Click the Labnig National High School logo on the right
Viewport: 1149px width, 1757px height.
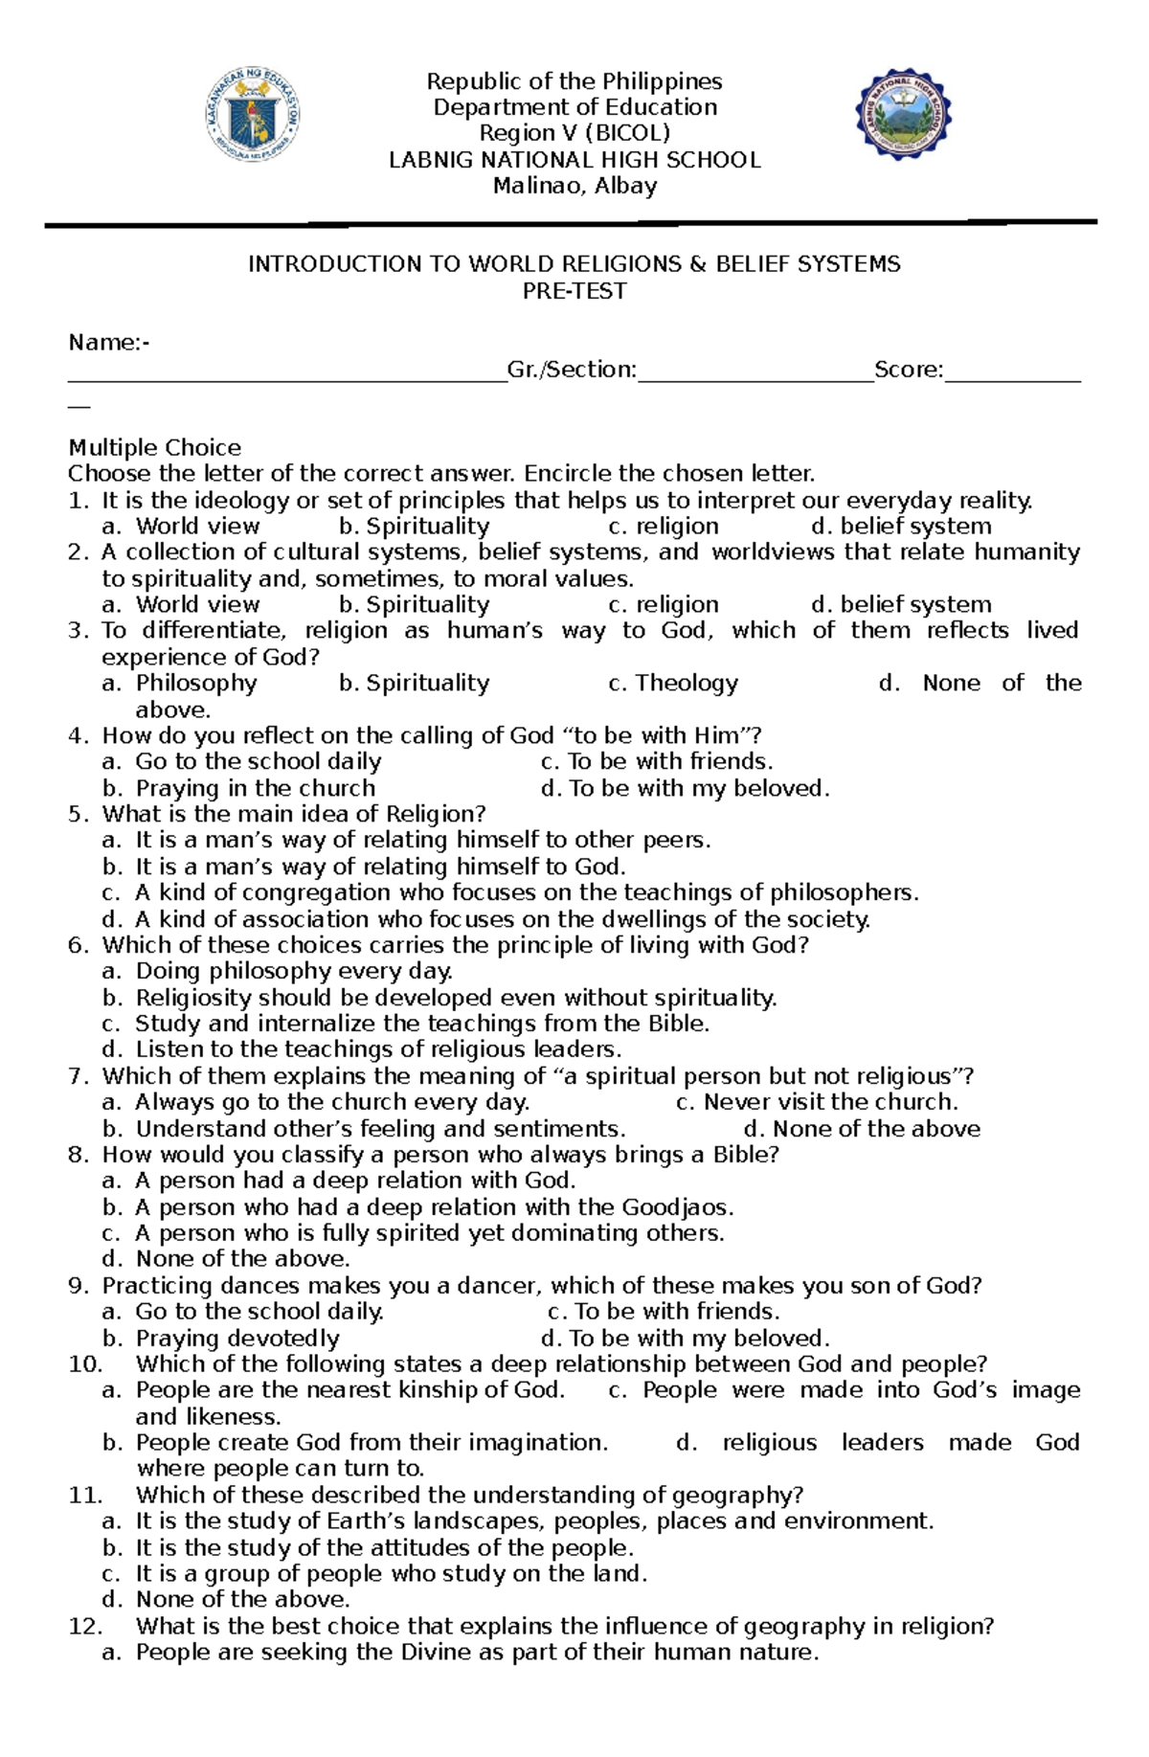[x=902, y=115]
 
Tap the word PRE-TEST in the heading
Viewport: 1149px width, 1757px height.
[x=574, y=291]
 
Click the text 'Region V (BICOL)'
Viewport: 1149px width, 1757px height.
[x=574, y=133]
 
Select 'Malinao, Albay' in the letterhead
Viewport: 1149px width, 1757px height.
[x=574, y=186]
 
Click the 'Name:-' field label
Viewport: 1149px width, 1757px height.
[x=108, y=343]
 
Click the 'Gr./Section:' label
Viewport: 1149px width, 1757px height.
[x=572, y=370]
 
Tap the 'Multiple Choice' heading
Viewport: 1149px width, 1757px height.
[x=154, y=447]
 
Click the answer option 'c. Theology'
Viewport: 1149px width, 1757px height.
[x=672, y=683]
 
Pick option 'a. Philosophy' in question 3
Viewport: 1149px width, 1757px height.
[x=180, y=683]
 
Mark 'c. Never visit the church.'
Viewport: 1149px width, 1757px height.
[x=816, y=1102]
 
